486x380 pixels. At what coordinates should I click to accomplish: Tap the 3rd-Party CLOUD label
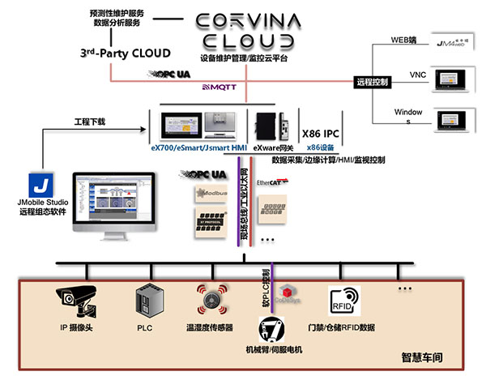point(125,53)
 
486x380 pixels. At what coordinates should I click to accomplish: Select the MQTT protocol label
point(216,85)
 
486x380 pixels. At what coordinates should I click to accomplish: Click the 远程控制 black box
point(373,81)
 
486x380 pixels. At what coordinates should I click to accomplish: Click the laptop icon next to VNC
point(451,79)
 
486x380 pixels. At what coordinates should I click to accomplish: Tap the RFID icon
point(339,299)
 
